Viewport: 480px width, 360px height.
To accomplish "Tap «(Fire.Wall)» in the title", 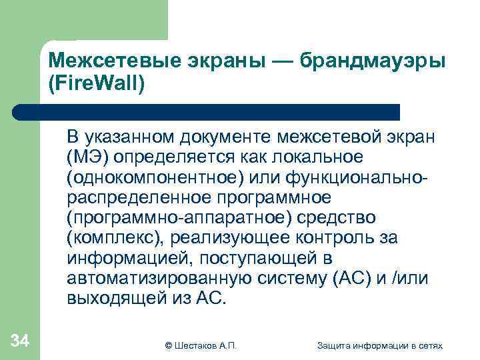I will pyautogui.click(x=96, y=84).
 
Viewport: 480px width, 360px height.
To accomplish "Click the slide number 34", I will pyautogui.click(x=20, y=342).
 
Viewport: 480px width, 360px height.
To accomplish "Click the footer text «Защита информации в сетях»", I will pyautogui.click(x=380, y=345).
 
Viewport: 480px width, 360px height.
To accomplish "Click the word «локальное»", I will pyautogui.click(x=314, y=157).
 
